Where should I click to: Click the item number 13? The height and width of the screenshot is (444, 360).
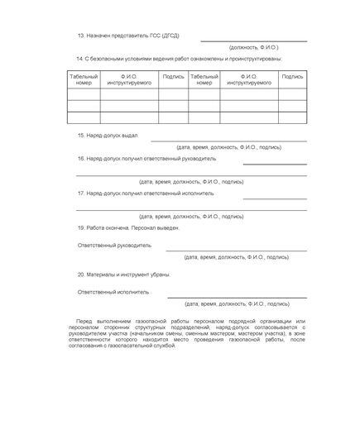pyautogui.click(x=79, y=36)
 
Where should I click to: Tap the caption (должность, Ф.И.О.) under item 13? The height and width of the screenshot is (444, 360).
pyautogui.click(x=253, y=48)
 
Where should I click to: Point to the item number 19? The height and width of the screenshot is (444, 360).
pyautogui.click(x=79, y=227)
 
